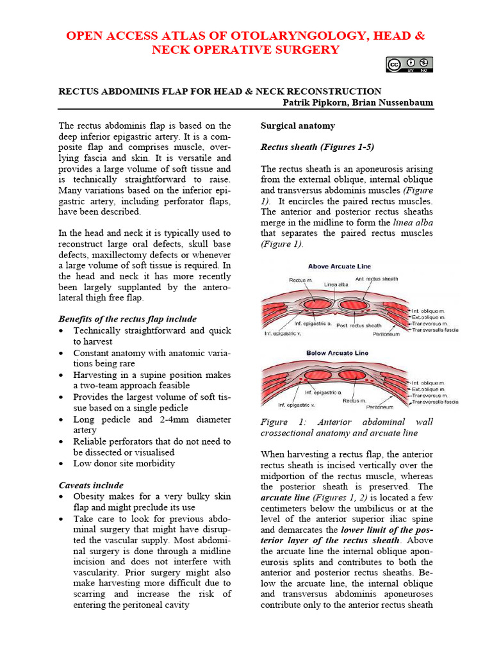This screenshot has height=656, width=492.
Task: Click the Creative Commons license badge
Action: pyautogui.click(x=409, y=65)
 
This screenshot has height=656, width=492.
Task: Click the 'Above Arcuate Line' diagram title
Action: pyautogui.click(x=340, y=266)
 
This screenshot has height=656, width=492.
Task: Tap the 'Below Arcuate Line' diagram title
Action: pyautogui.click(x=337, y=353)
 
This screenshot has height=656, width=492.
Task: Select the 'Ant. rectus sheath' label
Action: pyautogui.click(x=377, y=279)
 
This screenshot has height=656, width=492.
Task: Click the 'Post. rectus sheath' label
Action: pyautogui.click(x=359, y=326)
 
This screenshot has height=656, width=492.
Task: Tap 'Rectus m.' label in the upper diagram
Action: pyautogui.click(x=300, y=280)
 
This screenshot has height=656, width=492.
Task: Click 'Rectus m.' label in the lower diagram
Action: pyautogui.click(x=354, y=400)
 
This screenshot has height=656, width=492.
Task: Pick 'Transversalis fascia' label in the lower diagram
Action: pyautogui.click(x=436, y=402)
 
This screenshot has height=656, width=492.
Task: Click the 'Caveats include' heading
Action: pyautogui.click(x=91, y=485)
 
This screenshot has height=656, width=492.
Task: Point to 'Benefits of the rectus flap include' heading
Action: pyautogui.click(x=127, y=318)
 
